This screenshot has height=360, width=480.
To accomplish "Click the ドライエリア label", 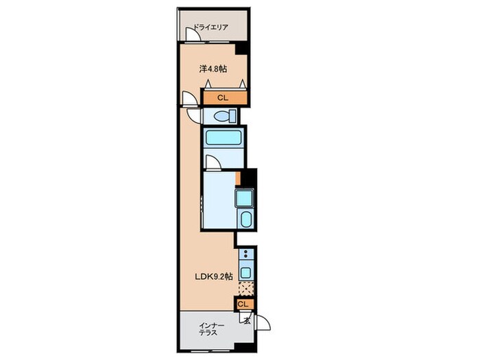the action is [211, 27].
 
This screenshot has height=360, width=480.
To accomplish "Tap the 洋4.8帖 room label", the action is [213, 69].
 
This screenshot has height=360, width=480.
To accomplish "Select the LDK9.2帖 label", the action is [214, 277].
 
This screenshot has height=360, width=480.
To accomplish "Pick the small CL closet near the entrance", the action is [244, 304].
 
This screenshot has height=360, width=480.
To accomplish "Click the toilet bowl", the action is [225, 117].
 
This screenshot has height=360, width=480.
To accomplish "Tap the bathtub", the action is [224, 137].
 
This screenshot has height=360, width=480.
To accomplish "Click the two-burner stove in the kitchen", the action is [245, 254].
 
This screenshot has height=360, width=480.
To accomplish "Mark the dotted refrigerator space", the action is [246, 289].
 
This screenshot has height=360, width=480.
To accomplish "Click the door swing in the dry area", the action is [193, 34].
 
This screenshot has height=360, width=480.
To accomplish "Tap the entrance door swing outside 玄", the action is [263, 323].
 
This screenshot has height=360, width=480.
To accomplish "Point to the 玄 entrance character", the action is [247, 320].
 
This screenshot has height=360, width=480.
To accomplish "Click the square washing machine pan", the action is [244, 197].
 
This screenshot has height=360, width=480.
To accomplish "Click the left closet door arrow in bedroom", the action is [208, 83].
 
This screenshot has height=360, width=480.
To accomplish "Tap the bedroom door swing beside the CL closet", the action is [189, 98].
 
